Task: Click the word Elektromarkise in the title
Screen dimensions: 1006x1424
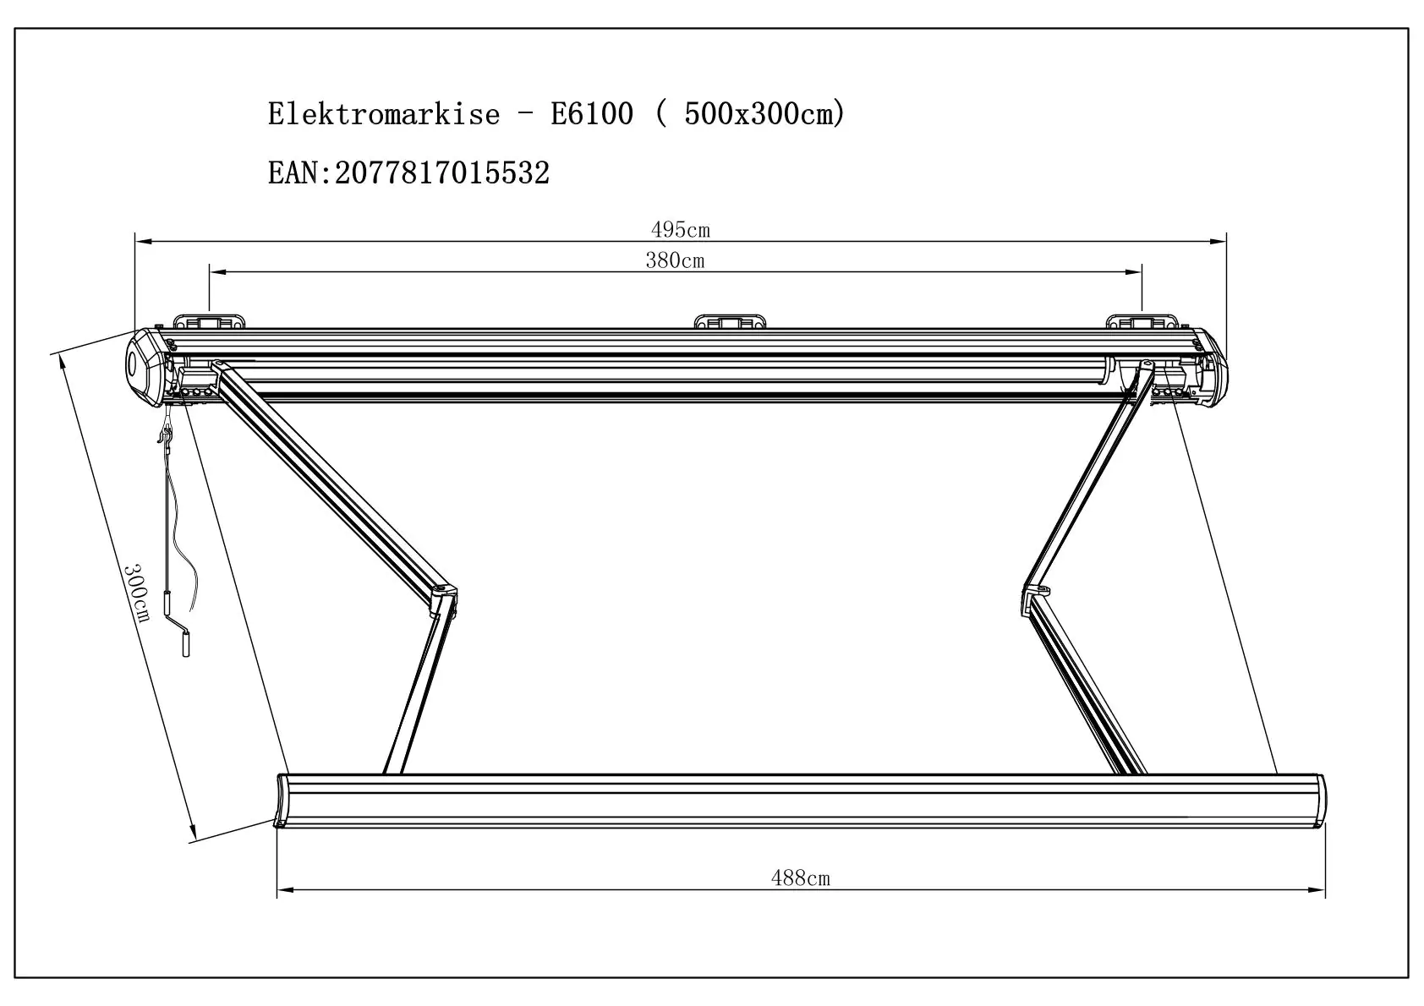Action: click(x=384, y=113)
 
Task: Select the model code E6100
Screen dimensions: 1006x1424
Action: click(x=592, y=113)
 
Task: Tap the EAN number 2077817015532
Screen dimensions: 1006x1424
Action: click(x=442, y=173)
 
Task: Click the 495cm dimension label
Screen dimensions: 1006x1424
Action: click(x=680, y=229)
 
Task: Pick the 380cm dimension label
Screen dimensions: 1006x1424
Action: click(x=675, y=260)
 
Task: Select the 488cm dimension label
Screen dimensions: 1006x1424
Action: click(x=800, y=878)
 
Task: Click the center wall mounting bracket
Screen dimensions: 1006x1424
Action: click(x=729, y=321)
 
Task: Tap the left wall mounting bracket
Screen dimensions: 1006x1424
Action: click(x=209, y=321)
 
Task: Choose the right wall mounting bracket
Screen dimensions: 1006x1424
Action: click(x=1142, y=321)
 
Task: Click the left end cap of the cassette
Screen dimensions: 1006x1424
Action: click(x=145, y=367)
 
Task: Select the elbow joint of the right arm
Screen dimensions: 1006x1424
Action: click(x=1037, y=595)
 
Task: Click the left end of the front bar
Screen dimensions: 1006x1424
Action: click(x=282, y=800)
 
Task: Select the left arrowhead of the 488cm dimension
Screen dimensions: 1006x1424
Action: click(x=284, y=889)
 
